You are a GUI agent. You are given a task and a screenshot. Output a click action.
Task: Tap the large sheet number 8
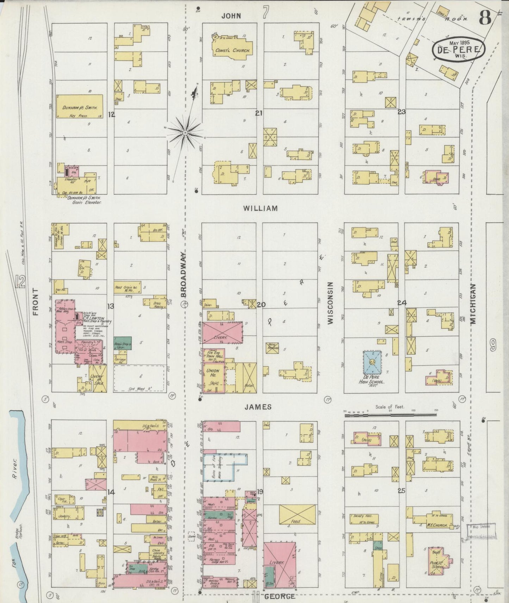pyautogui.click(x=485, y=18)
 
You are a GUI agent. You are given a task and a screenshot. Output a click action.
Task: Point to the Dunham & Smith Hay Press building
pyautogui.click(x=80, y=106)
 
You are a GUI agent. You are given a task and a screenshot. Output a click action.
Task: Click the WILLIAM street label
pyautogui.click(x=260, y=209)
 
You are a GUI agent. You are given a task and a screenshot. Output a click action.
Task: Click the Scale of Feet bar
pyautogui.click(x=390, y=415)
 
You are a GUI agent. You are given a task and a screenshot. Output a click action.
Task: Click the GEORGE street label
pyautogui.click(x=279, y=596)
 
